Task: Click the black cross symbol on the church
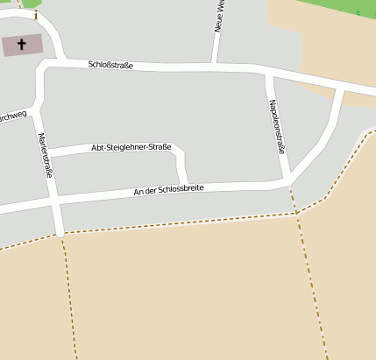pyautogui.click(x=21, y=43)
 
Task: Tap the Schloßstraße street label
pyautogui.click(x=110, y=65)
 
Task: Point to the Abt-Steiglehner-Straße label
pyautogui.click(x=131, y=148)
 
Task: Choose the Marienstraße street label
pyautogui.click(x=44, y=155)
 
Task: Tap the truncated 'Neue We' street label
pyautogui.click(x=220, y=16)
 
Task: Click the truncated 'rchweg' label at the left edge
pyautogui.click(x=13, y=116)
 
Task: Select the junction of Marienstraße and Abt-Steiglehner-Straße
pyautogui.click(x=47, y=154)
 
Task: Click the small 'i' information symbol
pyautogui.click(x=35, y=15)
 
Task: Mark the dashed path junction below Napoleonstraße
pyautogui.click(x=296, y=212)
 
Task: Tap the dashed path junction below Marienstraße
pyautogui.click(x=62, y=235)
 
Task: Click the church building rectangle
pyautogui.click(x=21, y=46)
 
